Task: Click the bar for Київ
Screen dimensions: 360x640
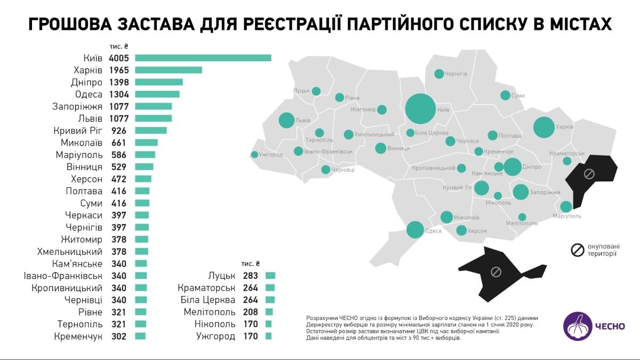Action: click(x=203, y=58)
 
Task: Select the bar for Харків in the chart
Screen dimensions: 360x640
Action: click(x=169, y=70)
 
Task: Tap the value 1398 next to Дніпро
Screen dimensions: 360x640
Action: click(x=118, y=82)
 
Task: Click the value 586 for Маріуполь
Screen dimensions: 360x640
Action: click(x=118, y=155)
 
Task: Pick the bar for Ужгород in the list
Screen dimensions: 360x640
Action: click(x=268, y=336)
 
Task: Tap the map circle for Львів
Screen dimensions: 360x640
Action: click(x=286, y=121)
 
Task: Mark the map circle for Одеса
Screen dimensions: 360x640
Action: click(x=415, y=230)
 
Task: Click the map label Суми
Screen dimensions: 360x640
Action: click(x=518, y=96)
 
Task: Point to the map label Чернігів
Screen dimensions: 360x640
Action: click(x=457, y=74)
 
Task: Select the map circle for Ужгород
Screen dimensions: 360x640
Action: click(x=254, y=155)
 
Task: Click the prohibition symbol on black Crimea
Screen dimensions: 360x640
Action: click(x=495, y=272)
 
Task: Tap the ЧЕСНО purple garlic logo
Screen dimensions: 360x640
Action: click(x=578, y=327)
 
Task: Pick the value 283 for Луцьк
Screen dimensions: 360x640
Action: click(x=250, y=276)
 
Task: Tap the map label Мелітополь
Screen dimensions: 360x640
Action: click(x=522, y=223)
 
